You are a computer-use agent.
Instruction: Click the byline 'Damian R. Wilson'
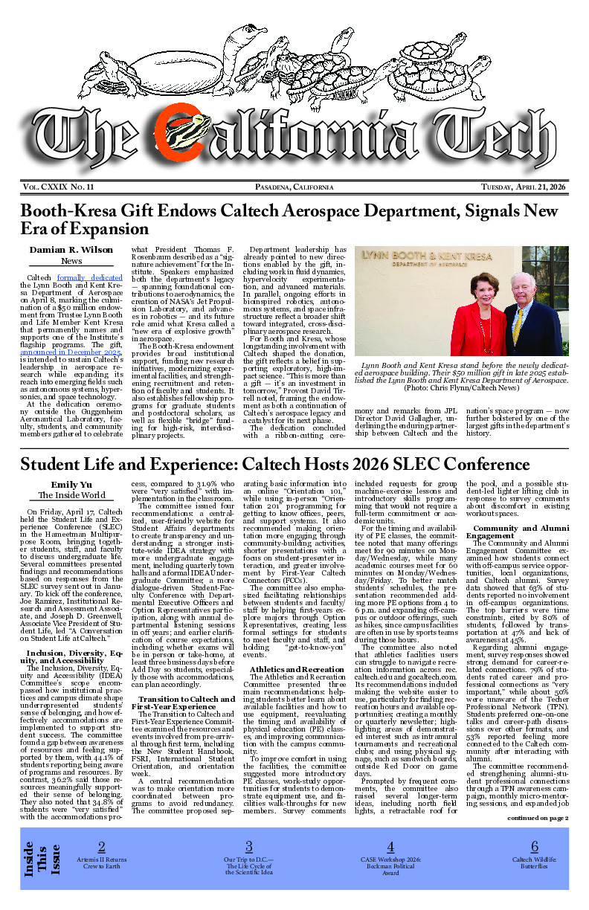pos(71,250)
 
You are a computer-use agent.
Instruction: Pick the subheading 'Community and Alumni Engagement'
pos(520,531)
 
